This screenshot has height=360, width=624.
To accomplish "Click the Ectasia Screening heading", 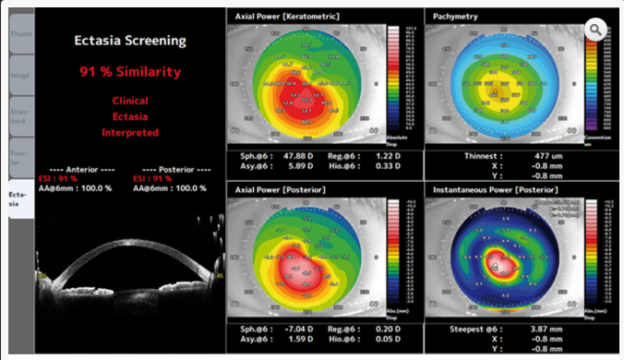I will tap(129, 41).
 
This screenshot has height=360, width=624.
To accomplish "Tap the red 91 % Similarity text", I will tap(129, 71).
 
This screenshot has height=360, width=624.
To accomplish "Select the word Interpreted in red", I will tap(129, 132).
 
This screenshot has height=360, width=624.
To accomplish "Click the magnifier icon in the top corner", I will tap(596, 30).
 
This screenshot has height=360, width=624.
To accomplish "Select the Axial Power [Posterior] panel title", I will tap(276, 188).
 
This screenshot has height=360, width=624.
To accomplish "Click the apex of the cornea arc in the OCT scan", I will tap(129, 239).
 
